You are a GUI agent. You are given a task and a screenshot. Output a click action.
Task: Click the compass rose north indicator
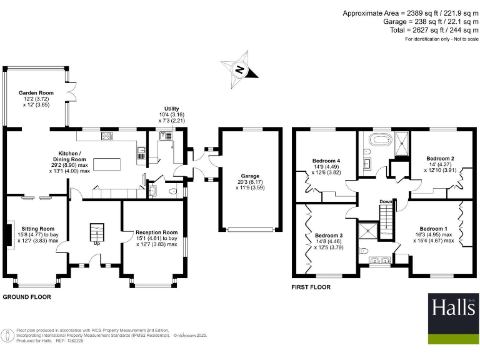click(x=239, y=69)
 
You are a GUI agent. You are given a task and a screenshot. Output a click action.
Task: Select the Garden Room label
click(x=37, y=92)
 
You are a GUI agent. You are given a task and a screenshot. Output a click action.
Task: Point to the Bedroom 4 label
click(x=326, y=161)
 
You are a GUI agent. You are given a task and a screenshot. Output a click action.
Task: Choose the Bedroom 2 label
click(x=440, y=158)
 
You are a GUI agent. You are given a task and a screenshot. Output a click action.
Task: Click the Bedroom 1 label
click(x=433, y=228)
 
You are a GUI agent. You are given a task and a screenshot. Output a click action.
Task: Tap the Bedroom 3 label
click(x=329, y=236)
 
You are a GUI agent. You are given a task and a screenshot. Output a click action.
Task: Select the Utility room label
click(x=171, y=109)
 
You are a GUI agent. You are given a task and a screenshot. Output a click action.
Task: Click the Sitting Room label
click(x=38, y=229)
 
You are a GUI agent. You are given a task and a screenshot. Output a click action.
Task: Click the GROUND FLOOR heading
click(x=27, y=297)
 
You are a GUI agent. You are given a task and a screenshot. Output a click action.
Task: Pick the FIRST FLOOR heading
click(x=311, y=287)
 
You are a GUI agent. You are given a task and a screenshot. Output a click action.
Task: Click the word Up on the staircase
click(x=96, y=243)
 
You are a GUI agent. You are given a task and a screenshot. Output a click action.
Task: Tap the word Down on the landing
click(x=386, y=202)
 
